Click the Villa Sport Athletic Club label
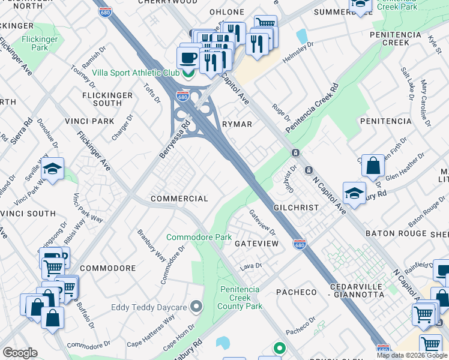(x=135, y=73)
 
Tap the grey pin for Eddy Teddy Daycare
(x=196, y=308)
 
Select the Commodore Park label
(x=199, y=238)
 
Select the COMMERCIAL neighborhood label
(x=179, y=199)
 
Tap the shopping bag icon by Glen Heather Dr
(x=373, y=166)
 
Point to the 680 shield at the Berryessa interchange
(x=183, y=96)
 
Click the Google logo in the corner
(x=20, y=353)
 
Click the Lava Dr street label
(x=252, y=265)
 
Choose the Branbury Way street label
(x=152, y=245)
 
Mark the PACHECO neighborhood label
(x=296, y=292)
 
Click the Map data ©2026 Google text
(x=412, y=355)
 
